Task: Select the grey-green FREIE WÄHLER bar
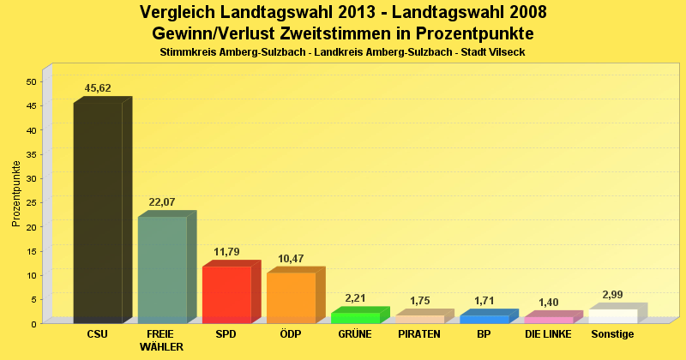162,269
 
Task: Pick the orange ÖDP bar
291,297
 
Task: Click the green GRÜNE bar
355,318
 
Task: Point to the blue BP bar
484,319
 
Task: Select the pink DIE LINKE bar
549,320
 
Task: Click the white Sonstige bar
613,315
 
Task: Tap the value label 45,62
98,88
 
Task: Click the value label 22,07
162,202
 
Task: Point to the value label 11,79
226,252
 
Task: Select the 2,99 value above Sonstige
613,295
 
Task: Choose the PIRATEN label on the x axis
419,334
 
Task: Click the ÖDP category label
291,334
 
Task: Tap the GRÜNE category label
355,334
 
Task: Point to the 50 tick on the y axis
31,81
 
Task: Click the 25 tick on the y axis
31,202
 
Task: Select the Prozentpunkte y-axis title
16,194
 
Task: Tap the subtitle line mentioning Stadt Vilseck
342,52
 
